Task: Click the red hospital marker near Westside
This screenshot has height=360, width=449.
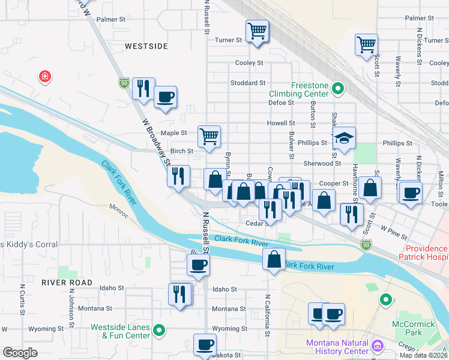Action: tap(44, 77)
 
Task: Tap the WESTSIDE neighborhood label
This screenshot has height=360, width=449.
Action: tap(146, 46)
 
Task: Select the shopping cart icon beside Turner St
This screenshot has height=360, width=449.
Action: tap(257, 31)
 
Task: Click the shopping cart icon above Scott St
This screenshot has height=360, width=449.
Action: tap(366, 44)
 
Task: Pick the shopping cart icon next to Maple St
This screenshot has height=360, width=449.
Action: tap(208, 136)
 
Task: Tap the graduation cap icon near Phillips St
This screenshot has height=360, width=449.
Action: tap(345, 138)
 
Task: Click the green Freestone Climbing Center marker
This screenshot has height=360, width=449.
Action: tap(338, 89)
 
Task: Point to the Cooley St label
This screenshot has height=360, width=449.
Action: tap(249, 62)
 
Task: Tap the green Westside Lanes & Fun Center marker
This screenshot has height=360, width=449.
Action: tap(159, 329)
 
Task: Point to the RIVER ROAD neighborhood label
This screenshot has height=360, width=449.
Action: tap(67, 282)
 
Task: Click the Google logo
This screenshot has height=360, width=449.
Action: tap(20, 353)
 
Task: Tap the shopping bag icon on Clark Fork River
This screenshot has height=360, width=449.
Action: tap(274, 260)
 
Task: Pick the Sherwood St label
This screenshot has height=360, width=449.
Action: tap(322, 163)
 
